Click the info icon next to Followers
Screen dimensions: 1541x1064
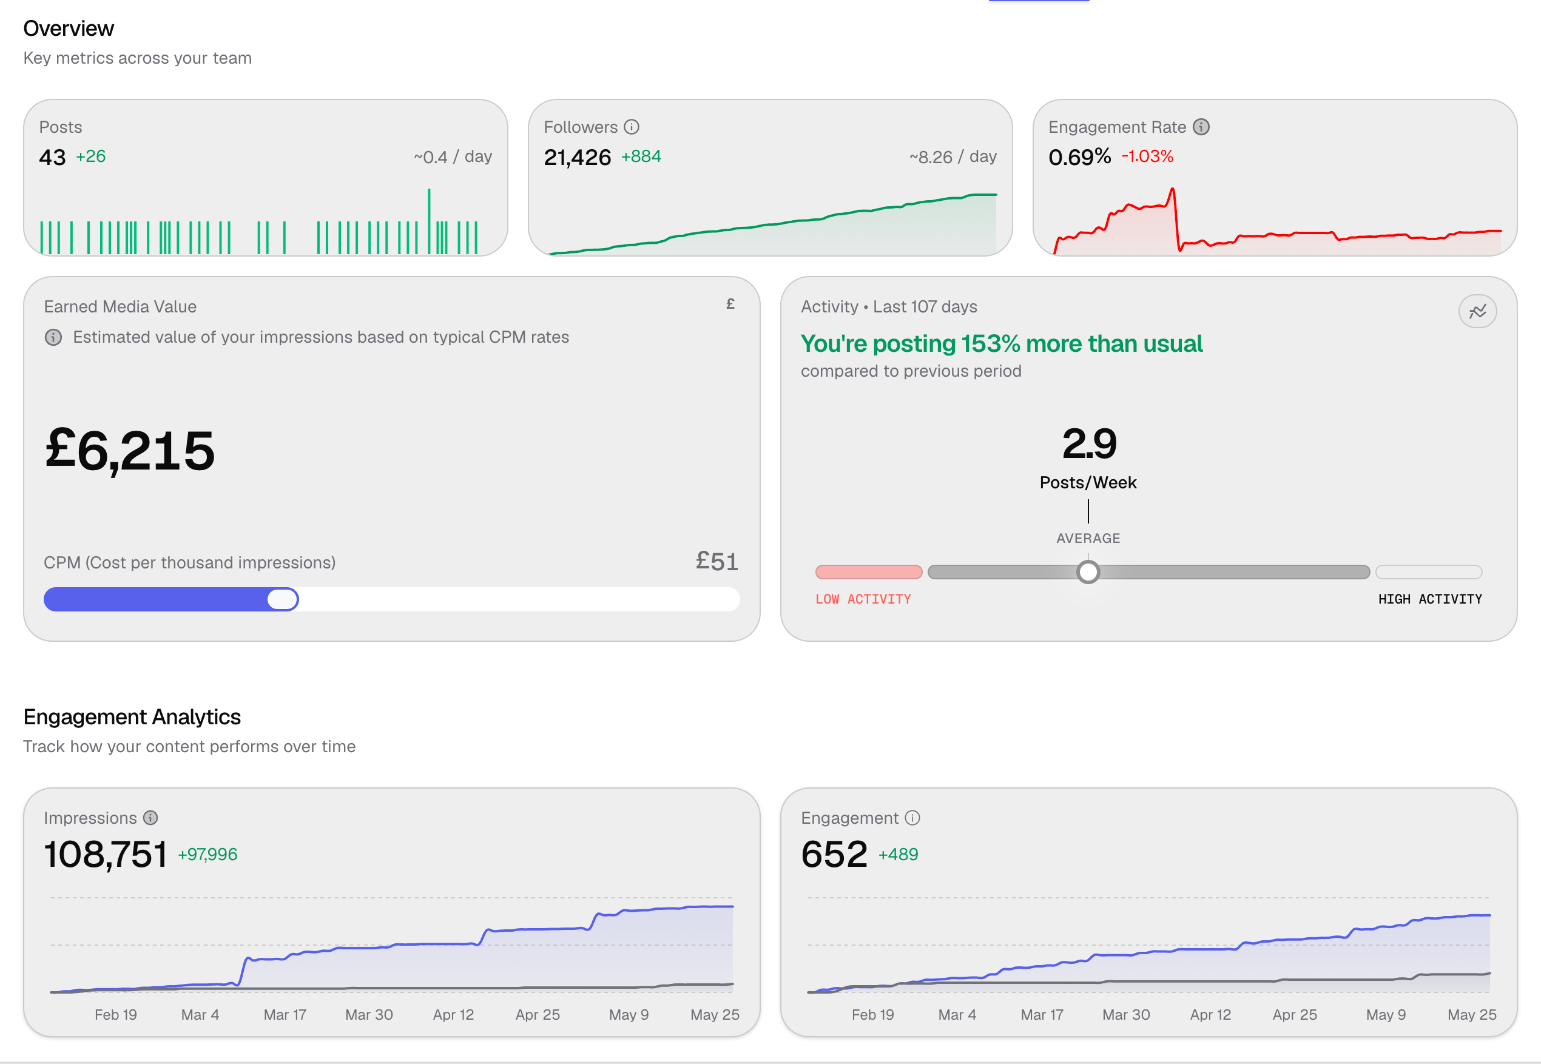[632, 127]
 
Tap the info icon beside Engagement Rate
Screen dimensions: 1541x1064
[1201, 127]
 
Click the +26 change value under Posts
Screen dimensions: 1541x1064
[90, 156]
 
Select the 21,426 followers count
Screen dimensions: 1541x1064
[578, 157]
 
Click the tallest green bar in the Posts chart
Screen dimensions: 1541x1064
[429, 221]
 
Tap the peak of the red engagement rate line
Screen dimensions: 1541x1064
[1172, 189]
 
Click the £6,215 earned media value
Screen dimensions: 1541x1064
[130, 451]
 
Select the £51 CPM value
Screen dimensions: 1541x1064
[717, 561]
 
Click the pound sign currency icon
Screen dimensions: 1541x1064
[730, 304]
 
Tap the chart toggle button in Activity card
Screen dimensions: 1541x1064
[1478, 311]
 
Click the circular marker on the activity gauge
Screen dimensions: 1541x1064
[1088, 572]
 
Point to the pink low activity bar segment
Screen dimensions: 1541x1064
[869, 572]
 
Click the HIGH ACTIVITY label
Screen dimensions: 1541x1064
[1431, 599]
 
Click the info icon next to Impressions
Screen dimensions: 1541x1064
[150, 817]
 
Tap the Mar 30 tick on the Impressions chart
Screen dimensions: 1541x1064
[369, 1015]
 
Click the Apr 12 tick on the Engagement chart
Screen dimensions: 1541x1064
[1211, 1015]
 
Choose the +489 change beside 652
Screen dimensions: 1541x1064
[898, 854]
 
